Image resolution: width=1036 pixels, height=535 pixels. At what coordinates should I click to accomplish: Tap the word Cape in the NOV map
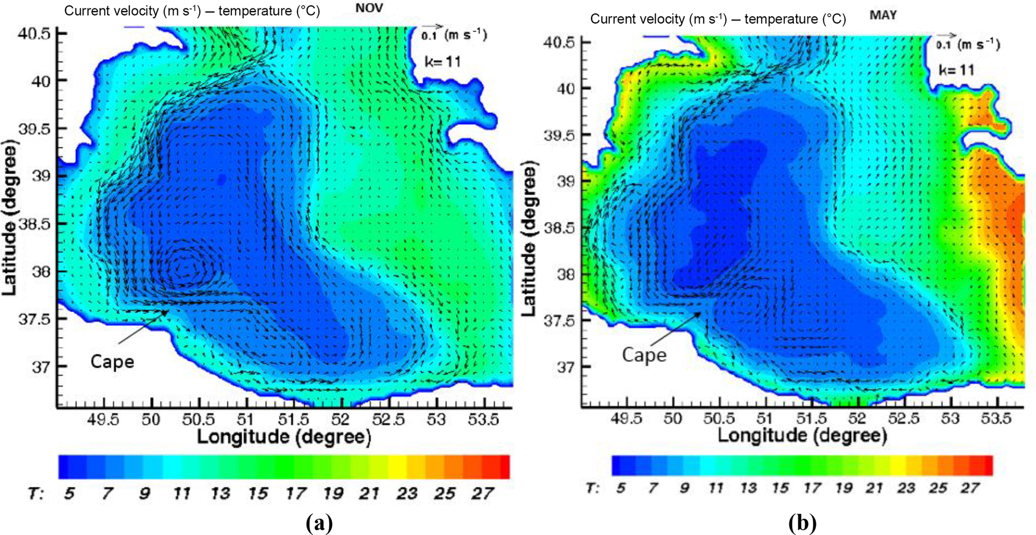pyautogui.click(x=112, y=362)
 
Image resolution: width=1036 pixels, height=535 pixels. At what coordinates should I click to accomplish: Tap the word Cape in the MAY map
pyautogui.click(x=644, y=355)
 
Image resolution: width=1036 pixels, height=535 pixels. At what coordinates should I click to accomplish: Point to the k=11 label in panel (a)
pyautogui.click(x=442, y=62)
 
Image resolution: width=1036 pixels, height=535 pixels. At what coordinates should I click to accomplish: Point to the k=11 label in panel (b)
pyautogui.click(x=956, y=70)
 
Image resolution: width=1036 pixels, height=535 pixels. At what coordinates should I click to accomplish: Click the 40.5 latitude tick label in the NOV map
pyautogui.click(x=34, y=34)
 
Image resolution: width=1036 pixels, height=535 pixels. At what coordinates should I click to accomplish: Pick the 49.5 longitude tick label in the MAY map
pyautogui.click(x=626, y=418)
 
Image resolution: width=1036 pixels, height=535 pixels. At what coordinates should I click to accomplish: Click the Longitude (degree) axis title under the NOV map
pyautogui.click(x=284, y=437)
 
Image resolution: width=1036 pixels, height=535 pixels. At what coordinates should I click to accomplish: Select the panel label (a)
pyautogui.click(x=318, y=523)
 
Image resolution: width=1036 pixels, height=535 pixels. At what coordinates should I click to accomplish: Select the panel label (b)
pyautogui.click(x=802, y=523)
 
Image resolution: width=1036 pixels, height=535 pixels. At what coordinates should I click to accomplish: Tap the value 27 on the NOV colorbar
pyautogui.click(x=482, y=494)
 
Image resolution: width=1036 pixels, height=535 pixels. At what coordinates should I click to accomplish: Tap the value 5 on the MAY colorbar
pyautogui.click(x=620, y=488)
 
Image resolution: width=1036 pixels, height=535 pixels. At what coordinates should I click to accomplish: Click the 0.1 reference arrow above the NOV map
pyautogui.click(x=431, y=27)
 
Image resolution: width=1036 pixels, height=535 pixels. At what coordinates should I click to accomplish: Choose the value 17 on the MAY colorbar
pyautogui.click(x=811, y=488)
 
